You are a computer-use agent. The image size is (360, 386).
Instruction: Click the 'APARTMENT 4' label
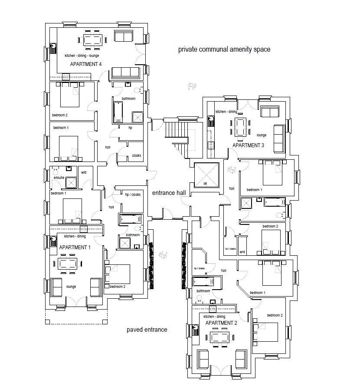tap(86, 64)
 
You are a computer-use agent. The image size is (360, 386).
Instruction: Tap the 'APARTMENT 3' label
tap(248, 145)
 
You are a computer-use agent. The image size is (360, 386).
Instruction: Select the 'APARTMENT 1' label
tap(75, 247)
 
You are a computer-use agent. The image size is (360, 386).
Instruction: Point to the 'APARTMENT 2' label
tap(221, 323)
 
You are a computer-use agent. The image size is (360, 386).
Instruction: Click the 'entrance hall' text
tap(169, 193)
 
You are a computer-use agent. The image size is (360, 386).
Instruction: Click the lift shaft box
tap(206, 175)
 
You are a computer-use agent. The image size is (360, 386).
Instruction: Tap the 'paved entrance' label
tap(147, 330)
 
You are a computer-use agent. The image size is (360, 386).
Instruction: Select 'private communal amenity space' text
tap(224, 49)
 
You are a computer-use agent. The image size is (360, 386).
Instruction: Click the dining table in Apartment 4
tap(93, 40)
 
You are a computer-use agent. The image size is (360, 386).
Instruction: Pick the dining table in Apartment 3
tap(240, 128)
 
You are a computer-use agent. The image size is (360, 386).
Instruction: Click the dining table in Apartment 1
tap(68, 264)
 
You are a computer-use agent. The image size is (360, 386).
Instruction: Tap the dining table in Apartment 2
tap(220, 337)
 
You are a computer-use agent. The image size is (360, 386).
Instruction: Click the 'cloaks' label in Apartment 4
tap(137, 155)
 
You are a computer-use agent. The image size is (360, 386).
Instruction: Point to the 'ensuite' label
tap(59, 178)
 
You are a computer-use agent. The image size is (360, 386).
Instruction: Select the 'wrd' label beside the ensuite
tap(84, 172)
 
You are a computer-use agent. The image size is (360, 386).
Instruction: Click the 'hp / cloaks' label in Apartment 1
tap(133, 195)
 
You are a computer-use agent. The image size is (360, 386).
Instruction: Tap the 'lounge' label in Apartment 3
tap(262, 135)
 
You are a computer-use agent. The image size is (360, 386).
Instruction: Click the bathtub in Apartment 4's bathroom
tap(118, 112)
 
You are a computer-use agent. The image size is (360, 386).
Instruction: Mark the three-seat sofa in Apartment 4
tap(126, 73)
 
